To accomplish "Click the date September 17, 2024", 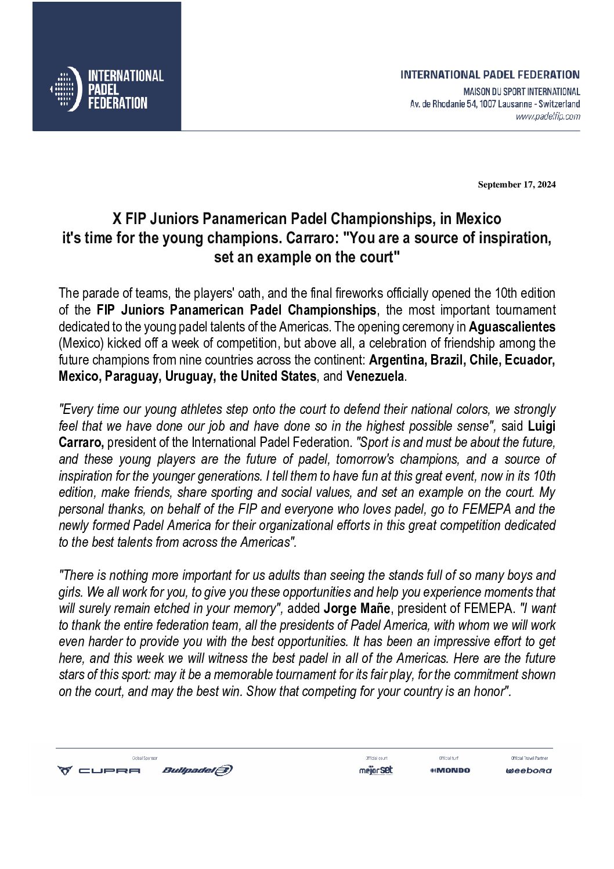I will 517,185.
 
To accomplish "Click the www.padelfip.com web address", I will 548,116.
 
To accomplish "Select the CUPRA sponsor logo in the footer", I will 99,770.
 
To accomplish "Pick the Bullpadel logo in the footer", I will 197,770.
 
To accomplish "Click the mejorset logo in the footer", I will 376,770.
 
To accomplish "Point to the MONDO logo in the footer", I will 450,770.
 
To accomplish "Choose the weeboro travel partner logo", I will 529,771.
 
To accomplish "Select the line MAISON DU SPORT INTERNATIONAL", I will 521,92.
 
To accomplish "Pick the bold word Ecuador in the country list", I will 530,359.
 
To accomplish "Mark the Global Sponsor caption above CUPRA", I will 145,758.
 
